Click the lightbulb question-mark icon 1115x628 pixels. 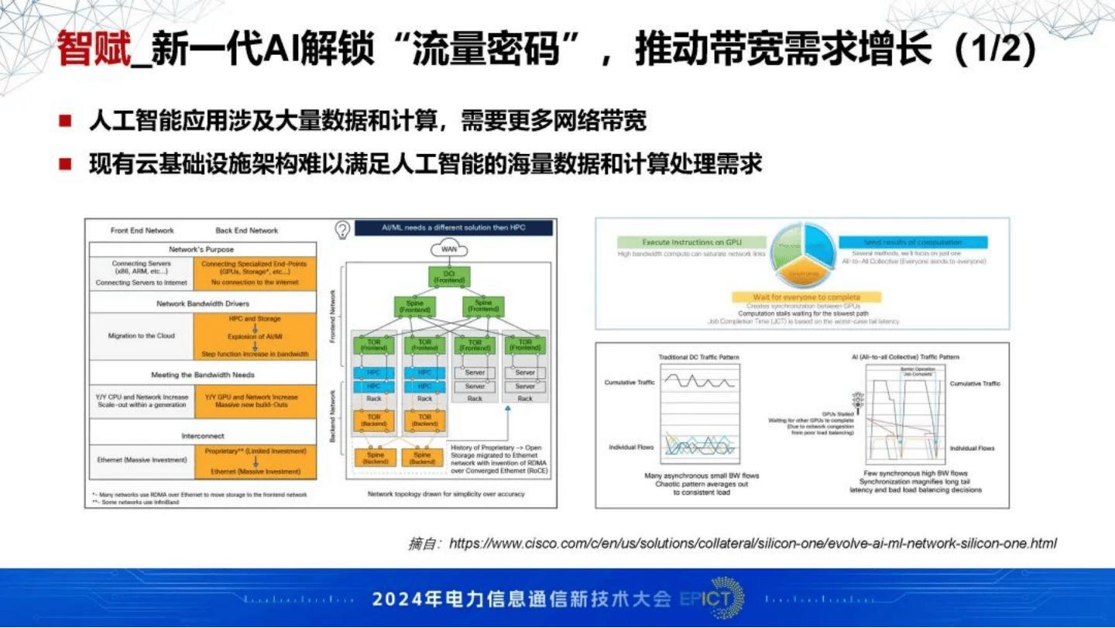[342, 229]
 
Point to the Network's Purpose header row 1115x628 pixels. [201, 249]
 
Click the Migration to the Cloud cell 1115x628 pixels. [142, 336]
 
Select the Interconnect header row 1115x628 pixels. [202, 436]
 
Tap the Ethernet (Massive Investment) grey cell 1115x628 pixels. [142, 460]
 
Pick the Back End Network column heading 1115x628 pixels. [246, 230]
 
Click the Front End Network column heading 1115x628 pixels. [142, 230]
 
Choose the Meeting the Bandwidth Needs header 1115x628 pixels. [201, 375]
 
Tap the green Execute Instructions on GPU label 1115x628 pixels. [691, 242]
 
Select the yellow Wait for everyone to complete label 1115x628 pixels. [806, 297]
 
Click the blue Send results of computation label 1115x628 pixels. [912, 242]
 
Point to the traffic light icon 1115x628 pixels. [857, 400]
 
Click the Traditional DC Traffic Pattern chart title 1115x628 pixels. [698, 357]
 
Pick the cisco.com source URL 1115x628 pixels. [753, 544]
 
